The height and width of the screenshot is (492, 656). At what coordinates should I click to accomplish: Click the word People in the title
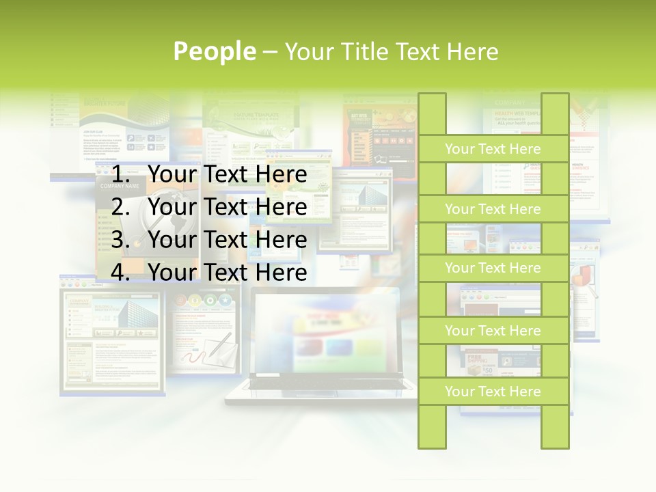click(215, 51)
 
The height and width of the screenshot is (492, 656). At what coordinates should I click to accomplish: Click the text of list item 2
click(227, 207)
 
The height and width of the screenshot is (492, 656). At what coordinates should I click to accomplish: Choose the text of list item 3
click(227, 240)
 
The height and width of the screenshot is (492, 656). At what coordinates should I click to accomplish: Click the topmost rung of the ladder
click(493, 149)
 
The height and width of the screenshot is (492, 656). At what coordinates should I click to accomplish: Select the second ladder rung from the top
click(493, 209)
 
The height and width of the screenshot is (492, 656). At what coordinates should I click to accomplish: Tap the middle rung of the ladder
click(493, 268)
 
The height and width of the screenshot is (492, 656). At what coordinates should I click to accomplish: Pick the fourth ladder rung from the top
click(493, 331)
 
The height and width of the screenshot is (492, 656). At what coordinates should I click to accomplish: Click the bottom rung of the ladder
click(493, 392)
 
